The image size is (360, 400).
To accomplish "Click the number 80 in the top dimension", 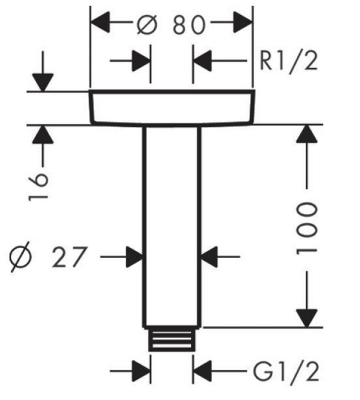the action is pyautogui.click(x=189, y=24).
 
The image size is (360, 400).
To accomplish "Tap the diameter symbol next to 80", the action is pyautogui.click(x=147, y=24).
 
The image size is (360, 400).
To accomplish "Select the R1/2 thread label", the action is pyautogui.click(x=289, y=61).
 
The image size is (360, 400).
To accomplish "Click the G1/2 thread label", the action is pyautogui.click(x=286, y=372).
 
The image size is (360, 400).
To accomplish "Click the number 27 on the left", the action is pyautogui.click(x=70, y=257).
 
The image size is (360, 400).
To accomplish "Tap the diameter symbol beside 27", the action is pyautogui.click(x=20, y=257).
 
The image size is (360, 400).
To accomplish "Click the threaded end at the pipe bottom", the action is pyautogui.click(x=172, y=339).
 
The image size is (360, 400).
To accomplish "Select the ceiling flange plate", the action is pyautogui.click(x=172, y=108).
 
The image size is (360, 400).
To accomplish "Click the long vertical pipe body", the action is pyautogui.click(x=172, y=226).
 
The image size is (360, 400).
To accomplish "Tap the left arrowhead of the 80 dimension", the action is pyautogui.click(x=100, y=22).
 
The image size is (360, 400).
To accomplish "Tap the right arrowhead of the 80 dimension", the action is pyautogui.click(x=243, y=22).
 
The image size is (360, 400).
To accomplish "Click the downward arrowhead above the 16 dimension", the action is pyautogui.click(x=43, y=82).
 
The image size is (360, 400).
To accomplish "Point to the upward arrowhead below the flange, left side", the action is pyautogui.click(x=43, y=134).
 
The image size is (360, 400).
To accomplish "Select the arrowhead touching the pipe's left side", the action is pyautogui.click(x=134, y=257).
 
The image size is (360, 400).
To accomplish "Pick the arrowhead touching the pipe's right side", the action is pyautogui.click(x=209, y=257).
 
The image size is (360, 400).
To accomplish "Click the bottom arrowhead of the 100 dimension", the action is pyautogui.click(x=307, y=318).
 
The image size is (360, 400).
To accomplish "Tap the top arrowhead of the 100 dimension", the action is pyautogui.click(x=307, y=134).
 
